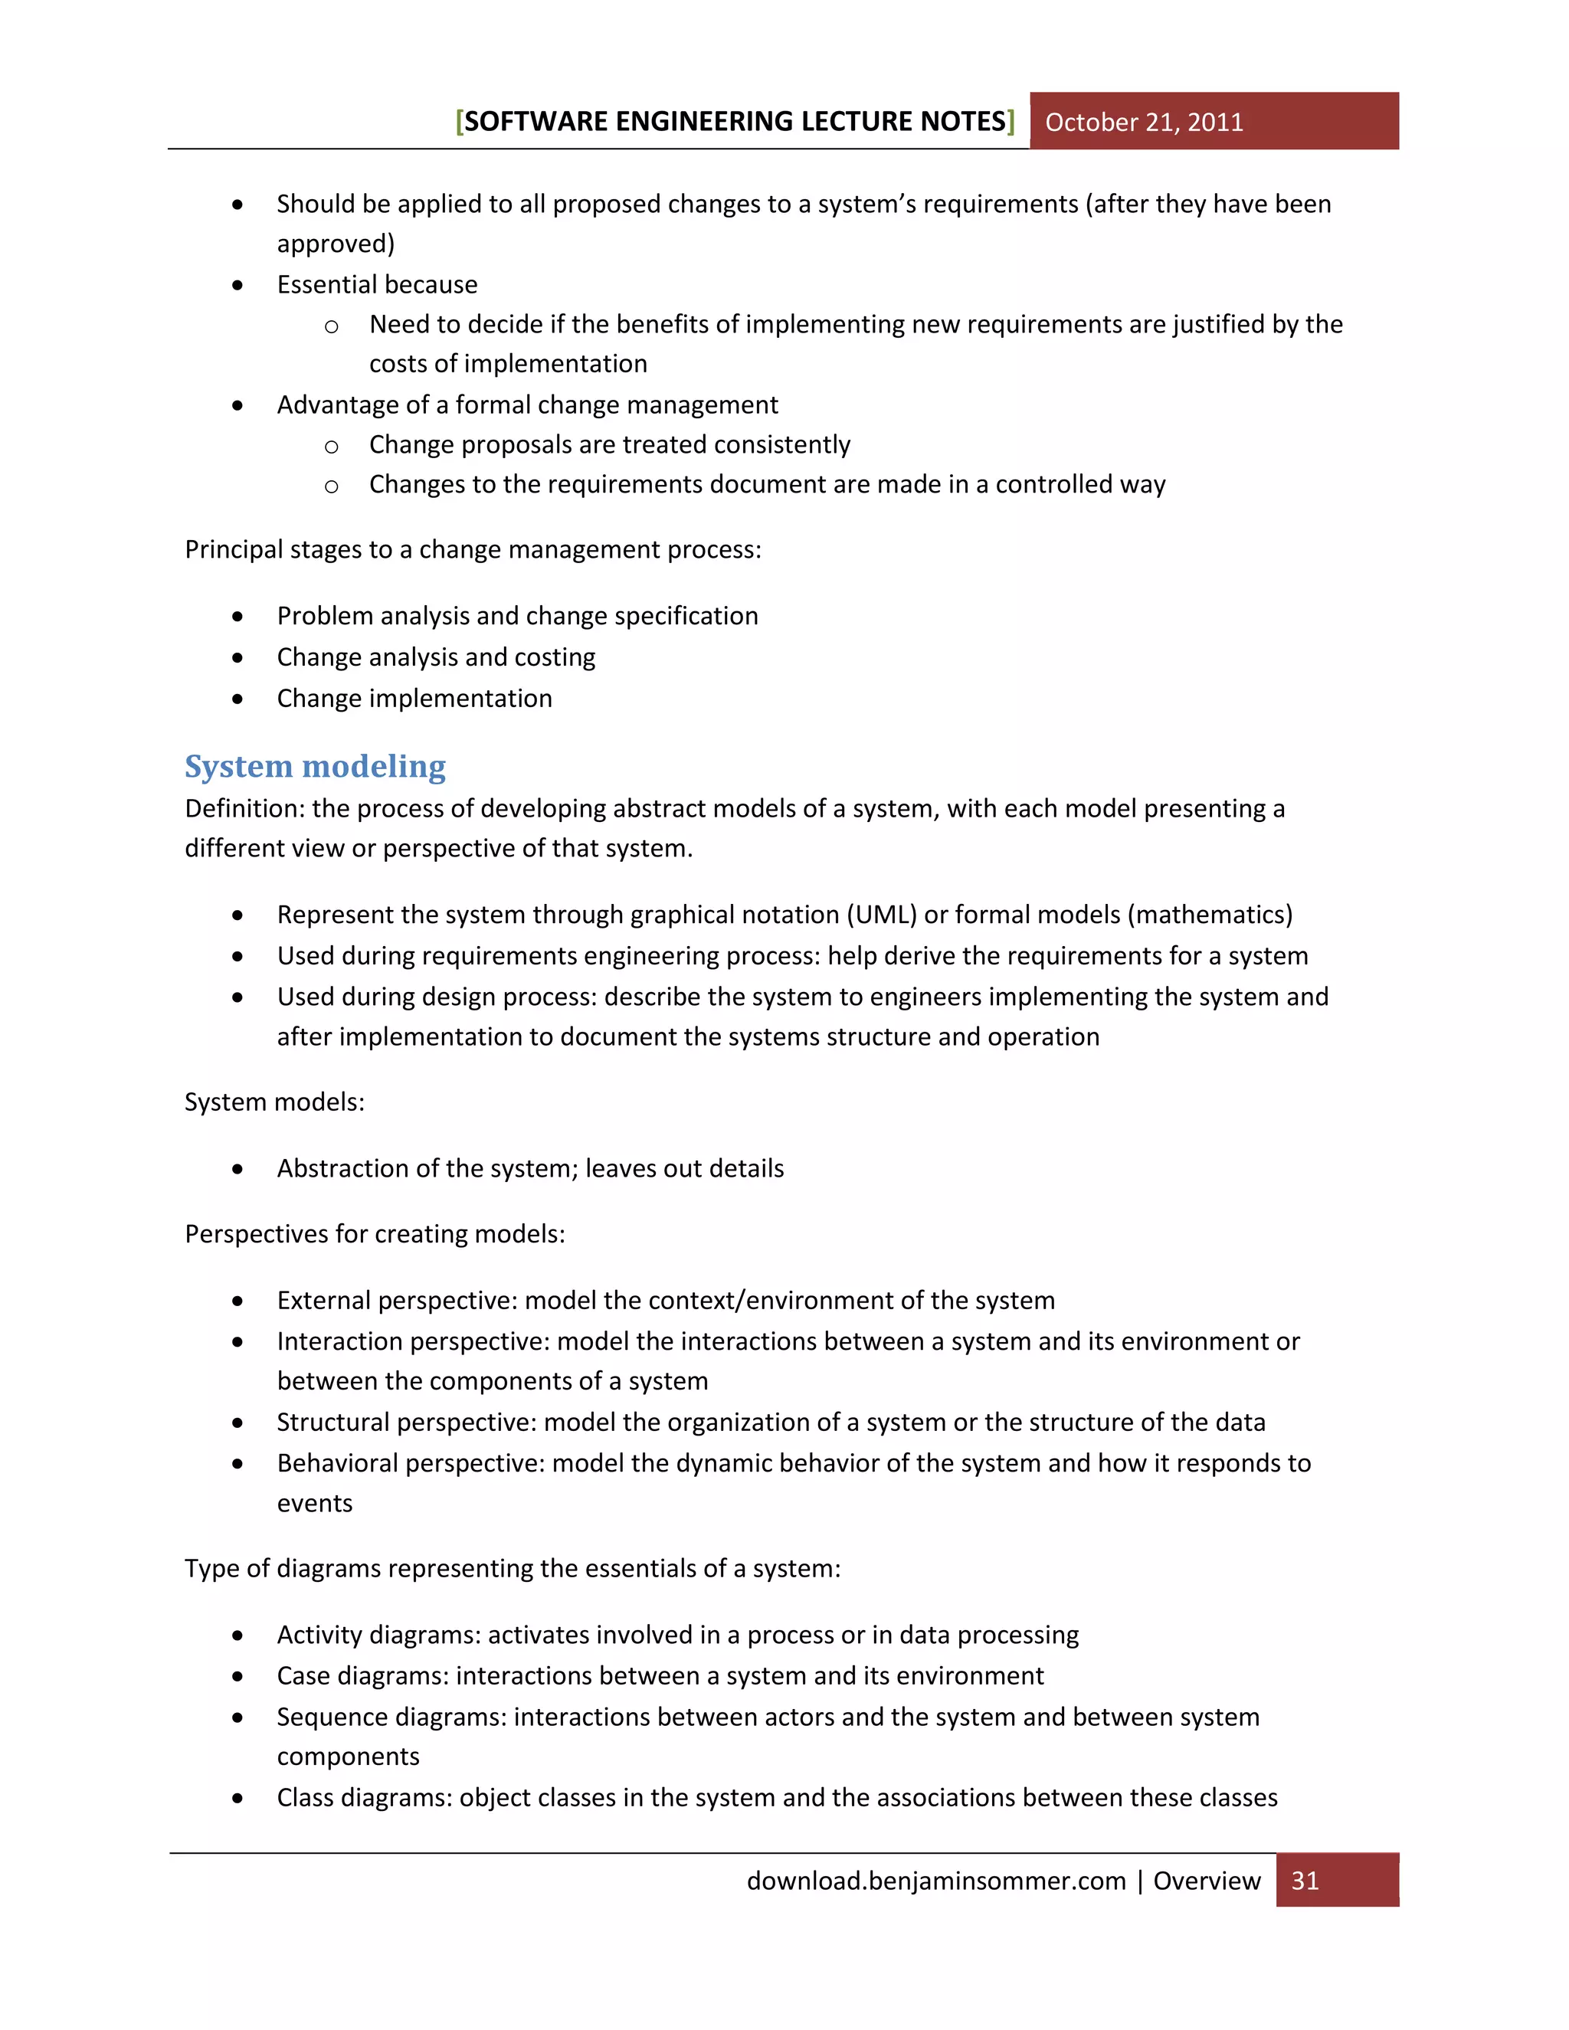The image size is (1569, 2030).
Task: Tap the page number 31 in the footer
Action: tap(1305, 1881)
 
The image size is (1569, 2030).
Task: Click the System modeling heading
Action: tap(315, 766)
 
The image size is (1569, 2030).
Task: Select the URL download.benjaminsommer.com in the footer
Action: tap(935, 1881)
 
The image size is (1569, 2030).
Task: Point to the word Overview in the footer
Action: tap(1207, 1881)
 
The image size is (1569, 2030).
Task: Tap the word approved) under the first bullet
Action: tap(336, 244)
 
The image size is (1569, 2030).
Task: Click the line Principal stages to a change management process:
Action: tap(472, 549)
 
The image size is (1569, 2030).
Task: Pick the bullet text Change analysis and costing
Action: tap(435, 657)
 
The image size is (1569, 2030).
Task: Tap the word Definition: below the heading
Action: tap(244, 809)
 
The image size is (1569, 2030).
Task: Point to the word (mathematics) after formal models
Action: tap(1209, 915)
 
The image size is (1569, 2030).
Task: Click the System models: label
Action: tap(274, 1102)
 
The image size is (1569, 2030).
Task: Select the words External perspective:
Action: tap(397, 1301)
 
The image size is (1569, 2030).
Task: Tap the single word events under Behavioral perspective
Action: tap(314, 1504)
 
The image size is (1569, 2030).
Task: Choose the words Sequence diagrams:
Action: tap(391, 1717)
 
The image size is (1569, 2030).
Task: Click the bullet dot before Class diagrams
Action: tap(238, 1799)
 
